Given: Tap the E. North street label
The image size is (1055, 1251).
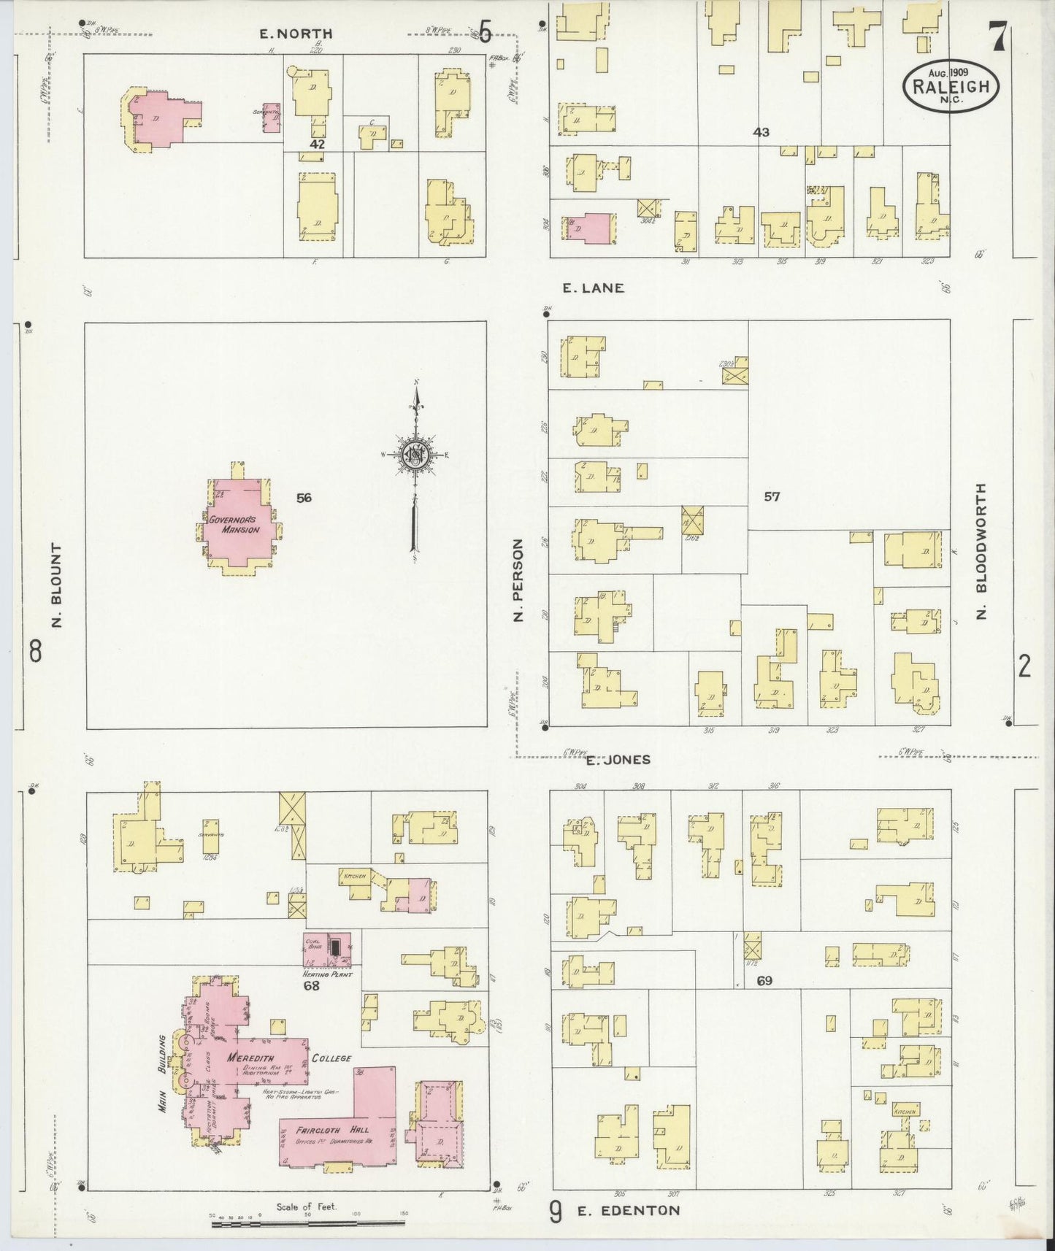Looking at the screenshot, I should coord(296,34).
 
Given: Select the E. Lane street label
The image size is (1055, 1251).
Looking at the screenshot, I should coord(593,288).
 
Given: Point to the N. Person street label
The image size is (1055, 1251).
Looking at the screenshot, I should coord(518,580).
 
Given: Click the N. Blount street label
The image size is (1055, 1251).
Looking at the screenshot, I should coord(56,585).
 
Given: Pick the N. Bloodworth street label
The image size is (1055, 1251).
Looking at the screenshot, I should coord(981,551).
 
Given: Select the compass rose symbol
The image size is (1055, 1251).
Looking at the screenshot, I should coord(415,457).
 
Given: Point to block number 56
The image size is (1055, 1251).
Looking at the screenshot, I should coord(304,498).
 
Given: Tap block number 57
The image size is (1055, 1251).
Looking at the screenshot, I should coord(772,497).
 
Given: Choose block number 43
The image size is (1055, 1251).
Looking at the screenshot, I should coord(761,132).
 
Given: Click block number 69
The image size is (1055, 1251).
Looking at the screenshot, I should coord(764,981).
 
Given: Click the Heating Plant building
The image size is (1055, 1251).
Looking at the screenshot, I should coord(328,949).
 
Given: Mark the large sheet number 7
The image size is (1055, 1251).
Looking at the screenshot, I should coord(998,36).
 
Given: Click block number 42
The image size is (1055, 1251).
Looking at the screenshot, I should coord(317,145).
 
